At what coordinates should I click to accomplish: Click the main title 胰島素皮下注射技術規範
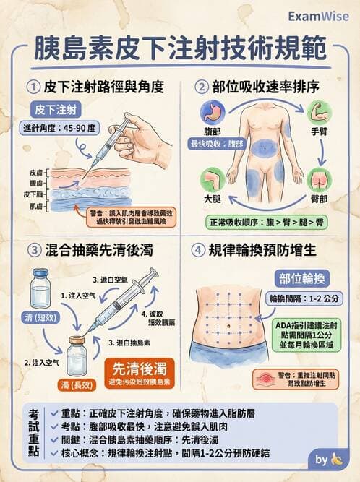(x=179, y=49)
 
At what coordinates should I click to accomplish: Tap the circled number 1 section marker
(x=33, y=87)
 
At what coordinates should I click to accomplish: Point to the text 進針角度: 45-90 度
(x=58, y=128)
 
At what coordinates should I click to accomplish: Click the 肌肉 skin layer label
(x=36, y=206)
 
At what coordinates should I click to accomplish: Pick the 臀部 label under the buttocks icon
(x=319, y=197)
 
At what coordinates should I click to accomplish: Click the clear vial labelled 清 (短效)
(x=40, y=289)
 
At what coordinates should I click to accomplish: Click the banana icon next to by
(x=336, y=458)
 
